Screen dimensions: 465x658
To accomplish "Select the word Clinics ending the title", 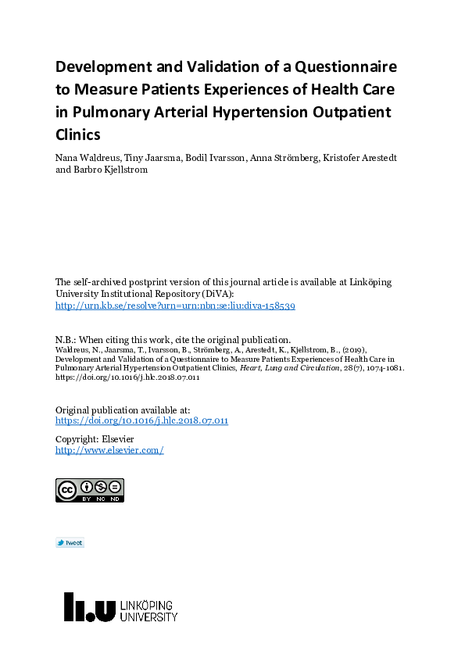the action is (x=78, y=134).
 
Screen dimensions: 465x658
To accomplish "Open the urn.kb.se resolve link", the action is (x=175, y=306).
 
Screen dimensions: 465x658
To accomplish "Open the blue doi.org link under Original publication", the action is (x=141, y=420).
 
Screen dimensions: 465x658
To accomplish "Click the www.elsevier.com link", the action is (x=109, y=450).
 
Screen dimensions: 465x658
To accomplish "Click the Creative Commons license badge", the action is (x=90, y=490).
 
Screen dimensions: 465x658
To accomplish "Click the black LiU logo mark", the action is (x=89, y=606).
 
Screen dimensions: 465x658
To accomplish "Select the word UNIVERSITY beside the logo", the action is (x=148, y=617).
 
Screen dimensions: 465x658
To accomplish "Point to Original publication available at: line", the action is (x=123, y=409).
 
